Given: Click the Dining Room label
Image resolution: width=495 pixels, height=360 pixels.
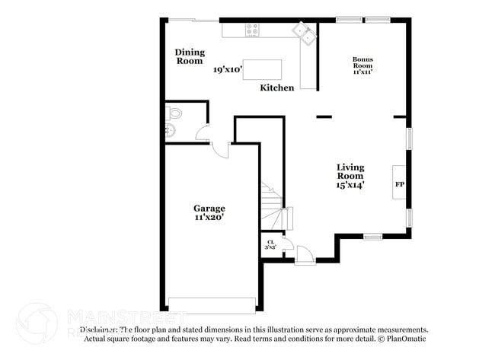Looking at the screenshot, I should point(190,56).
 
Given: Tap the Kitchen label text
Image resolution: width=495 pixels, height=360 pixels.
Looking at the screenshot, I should point(277,88).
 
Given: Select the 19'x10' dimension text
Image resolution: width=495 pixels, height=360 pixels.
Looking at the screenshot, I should point(228,70).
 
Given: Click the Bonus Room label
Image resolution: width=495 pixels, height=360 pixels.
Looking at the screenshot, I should point(362,65).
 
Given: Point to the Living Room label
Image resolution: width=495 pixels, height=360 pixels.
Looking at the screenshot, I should point(351,171).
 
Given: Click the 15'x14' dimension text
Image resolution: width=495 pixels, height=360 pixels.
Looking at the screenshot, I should point(351,185).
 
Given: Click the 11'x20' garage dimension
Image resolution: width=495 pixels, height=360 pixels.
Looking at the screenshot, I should point(209,218).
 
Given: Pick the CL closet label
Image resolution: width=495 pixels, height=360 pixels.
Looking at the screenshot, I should point(270,242).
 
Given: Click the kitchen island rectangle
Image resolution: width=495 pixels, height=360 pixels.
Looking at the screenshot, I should point(262,69).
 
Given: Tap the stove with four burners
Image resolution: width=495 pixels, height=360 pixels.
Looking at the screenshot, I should point(252,30).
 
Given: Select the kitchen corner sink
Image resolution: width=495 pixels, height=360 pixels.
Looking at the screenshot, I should point(305,33).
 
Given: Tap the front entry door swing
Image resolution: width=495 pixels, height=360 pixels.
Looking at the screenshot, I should point(305,254).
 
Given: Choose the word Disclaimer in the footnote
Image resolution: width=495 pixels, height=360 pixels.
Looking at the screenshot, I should point(99,330).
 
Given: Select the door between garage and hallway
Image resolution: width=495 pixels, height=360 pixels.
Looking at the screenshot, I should point(221,148).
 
